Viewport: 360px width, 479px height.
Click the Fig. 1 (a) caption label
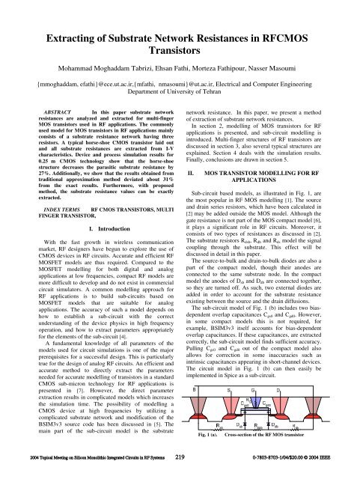[206, 433]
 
